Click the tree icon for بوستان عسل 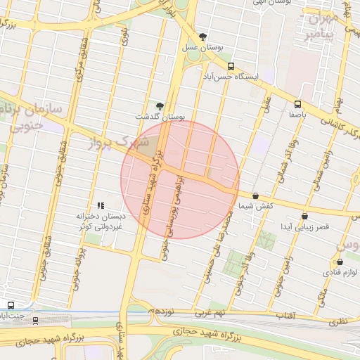[203, 37]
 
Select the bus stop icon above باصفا [297, 103]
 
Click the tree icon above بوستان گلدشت [160, 105]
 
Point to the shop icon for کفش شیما [255, 196]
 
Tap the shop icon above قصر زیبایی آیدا [304, 217]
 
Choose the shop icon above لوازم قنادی [340, 262]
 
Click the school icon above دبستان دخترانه [101, 205]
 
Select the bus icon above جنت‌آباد [11, 305]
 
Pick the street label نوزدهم [162, 310]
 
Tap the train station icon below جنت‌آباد [36, 321]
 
